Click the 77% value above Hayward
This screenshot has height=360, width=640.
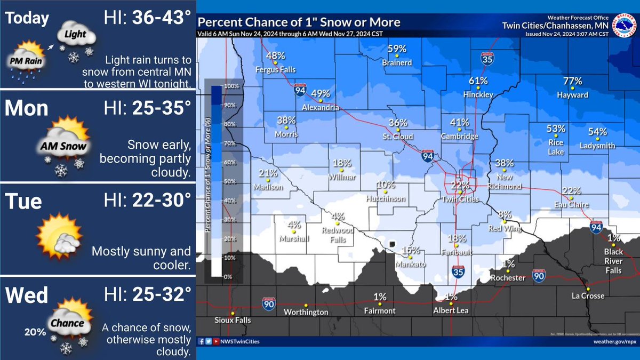tap(572, 81)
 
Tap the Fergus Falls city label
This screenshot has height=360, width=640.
tap(275, 69)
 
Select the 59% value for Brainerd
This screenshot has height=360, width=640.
tap(397, 49)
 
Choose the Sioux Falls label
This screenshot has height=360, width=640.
tap(233, 321)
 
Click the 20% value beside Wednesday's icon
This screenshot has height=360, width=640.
tap(35, 332)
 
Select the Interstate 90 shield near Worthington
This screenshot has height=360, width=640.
tap(269, 304)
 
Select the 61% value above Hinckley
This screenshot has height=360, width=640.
tap(478, 81)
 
